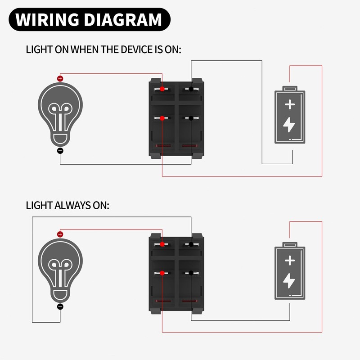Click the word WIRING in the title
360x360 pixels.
click(47, 20)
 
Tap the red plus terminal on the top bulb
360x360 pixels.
click(60, 78)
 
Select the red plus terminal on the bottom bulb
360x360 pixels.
click(60, 234)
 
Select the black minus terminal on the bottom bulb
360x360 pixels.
click(60, 306)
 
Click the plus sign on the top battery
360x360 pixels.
click(290, 105)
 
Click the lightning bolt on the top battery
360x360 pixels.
click(290, 125)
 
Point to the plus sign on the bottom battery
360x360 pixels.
click(290, 261)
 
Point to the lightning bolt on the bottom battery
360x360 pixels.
click(290, 280)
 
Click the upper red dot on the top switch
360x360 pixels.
click(162, 89)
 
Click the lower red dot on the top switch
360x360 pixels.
click(162, 118)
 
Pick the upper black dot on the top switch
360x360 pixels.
click(191, 89)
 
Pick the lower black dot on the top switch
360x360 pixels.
click(191, 118)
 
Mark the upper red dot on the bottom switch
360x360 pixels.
click(162, 244)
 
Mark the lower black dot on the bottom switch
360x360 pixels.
click(191, 273)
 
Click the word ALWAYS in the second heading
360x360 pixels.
click(74, 205)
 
